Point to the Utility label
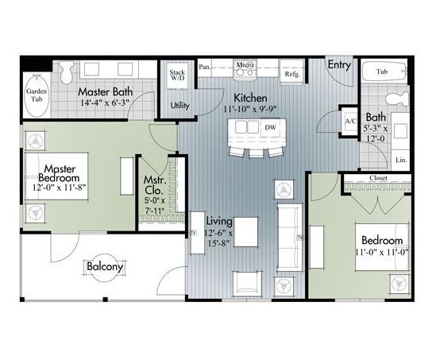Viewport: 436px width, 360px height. [179, 104]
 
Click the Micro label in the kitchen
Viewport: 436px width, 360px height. [244, 64]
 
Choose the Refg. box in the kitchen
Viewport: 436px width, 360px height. [291, 74]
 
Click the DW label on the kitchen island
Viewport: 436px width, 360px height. [270, 127]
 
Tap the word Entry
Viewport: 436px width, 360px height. [339, 65]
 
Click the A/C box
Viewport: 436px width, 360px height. [349, 121]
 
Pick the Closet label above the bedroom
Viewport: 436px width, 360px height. [379, 178]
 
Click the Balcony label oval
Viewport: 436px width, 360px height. [105, 268]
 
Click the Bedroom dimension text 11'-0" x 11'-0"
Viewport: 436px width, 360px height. [382, 252]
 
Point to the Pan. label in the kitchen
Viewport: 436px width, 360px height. [205, 67]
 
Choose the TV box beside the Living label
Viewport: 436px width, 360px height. [192, 233]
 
